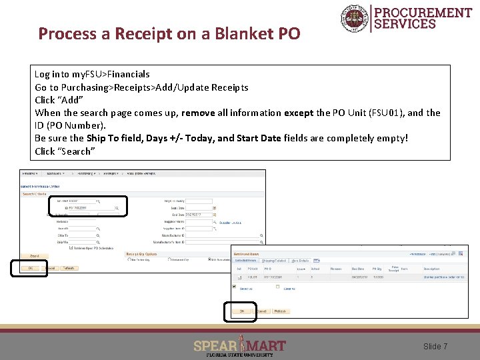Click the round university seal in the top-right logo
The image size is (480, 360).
[x=353, y=18]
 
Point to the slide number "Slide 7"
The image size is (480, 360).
[x=435, y=347]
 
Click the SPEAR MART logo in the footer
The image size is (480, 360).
[x=239, y=346]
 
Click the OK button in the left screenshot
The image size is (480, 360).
[x=29, y=268]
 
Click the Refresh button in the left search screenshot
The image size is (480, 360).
[x=69, y=268]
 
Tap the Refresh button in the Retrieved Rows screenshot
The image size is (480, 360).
[x=280, y=311]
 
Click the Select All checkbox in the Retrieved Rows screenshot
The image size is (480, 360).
[x=235, y=287]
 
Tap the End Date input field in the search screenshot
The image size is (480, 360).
[x=198, y=215]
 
